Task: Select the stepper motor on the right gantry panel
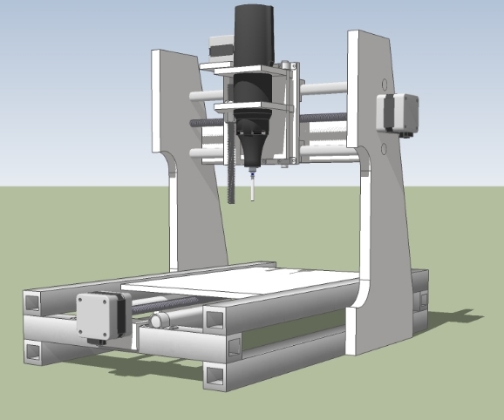(x=397, y=112)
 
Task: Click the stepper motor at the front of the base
(x=102, y=315)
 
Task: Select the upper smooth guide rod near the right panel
(x=326, y=88)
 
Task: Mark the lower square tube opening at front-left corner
(x=32, y=351)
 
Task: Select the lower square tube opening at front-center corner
(x=214, y=376)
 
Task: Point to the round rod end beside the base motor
(x=157, y=322)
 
